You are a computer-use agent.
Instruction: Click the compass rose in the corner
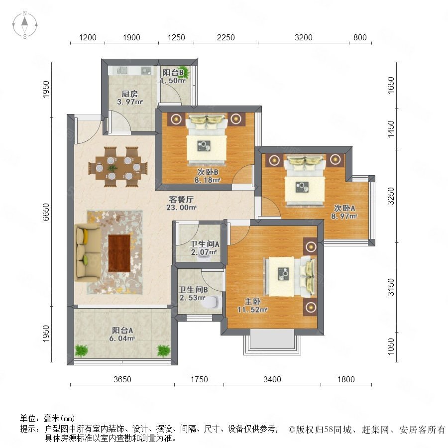pyautogui.click(x=25, y=25)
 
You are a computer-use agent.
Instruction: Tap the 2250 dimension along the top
pyautogui.click(x=225, y=37)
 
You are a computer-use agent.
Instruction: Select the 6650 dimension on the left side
pyautogui.click(x=46, y=212)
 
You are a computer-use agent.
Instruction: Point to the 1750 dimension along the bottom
pyautogui.click(x=199, y=379)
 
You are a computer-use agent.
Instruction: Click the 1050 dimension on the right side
pyautogui.click(x=391, y=346)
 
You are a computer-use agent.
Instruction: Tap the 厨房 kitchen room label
pyautogui.click(x=130, y=94)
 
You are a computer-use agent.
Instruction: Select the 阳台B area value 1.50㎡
pyautogui.click(x=173, y=81)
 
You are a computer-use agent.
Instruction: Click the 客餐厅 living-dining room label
pyautogui.click(x=181, y=199)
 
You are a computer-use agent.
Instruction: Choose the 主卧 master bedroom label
pyautogui.click(x=252, y=302)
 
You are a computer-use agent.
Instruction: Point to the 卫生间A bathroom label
pyautogui.click(x=205, y=244)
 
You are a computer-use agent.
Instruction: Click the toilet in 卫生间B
pyautogui.click(x=212, y=302)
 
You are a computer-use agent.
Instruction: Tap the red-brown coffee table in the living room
pyautogui.click(x=119, y=253)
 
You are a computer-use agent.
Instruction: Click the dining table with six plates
pyautogui.click(x=118, y=167)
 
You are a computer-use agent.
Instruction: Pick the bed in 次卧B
pyautogui.click(x=207, y=140)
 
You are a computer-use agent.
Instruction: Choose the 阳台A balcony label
pyautogui.click(x=122, y=331)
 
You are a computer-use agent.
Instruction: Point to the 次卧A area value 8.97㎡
pyautogui.click(x=344, y=217)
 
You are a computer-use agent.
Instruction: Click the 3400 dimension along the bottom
pyautogui.click(x=272, y=379)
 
